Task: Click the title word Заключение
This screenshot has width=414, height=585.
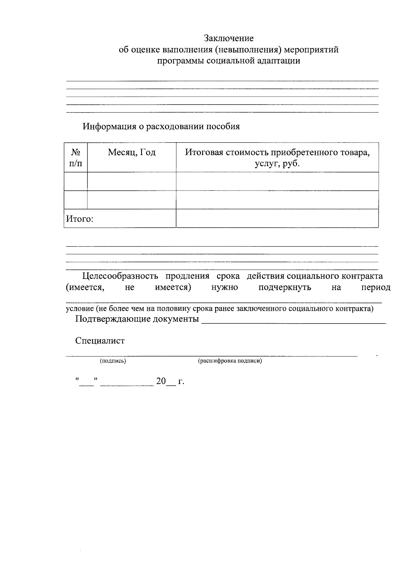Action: [x=229, y=38]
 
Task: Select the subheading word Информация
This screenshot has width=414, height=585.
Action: [x=109, y=127]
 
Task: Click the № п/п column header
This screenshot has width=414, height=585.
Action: [x=76, y=157]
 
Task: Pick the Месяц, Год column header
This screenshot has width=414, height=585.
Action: [x=131, y=152]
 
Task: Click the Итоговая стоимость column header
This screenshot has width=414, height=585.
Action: [x=277, y=157]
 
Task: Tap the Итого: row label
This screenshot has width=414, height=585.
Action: [x=80, y=219]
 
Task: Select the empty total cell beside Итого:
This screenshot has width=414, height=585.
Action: [x=277, y=219]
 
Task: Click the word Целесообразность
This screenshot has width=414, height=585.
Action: [x=120, y=276]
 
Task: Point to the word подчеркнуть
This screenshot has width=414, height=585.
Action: [x=285, y=287]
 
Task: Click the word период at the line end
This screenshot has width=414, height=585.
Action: [x=376, y=287]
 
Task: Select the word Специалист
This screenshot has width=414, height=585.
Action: [x=100, y=341]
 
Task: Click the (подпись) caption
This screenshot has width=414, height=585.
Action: [x=113, y=361]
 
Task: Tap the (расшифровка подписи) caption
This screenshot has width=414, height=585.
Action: [x=230, y=361]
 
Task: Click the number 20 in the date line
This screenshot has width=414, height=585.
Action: [x=161, y=382]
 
